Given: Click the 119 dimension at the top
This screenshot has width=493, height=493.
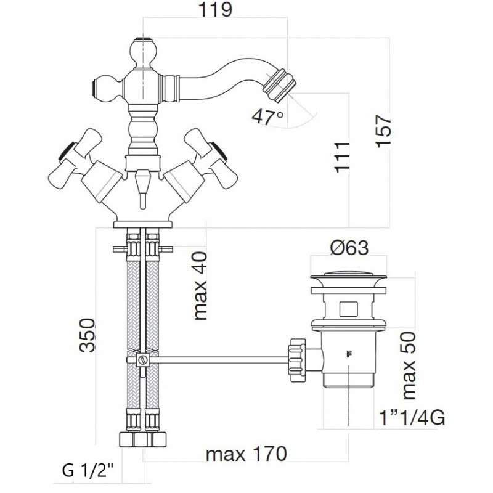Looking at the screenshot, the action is [215, 10].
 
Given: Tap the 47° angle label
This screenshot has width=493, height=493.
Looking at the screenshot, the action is [268, 116].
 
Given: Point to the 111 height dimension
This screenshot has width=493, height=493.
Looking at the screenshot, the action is [343, 157].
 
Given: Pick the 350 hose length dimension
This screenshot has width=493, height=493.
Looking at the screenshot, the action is [87, 335].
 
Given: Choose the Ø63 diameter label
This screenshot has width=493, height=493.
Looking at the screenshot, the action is [349, 248].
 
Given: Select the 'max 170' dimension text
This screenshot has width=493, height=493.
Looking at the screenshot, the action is [246, 454].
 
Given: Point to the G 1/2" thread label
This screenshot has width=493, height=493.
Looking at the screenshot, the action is [88, 471].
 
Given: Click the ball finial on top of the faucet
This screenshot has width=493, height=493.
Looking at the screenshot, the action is [144, 52].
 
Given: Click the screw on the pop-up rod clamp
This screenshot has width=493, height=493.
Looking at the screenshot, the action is [144, 359].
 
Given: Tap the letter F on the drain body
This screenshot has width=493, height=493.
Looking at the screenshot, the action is [348, 354].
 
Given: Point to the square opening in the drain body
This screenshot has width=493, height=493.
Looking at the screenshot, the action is [348, 309].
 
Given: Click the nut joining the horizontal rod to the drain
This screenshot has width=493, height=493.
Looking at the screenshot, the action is [297, 360].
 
